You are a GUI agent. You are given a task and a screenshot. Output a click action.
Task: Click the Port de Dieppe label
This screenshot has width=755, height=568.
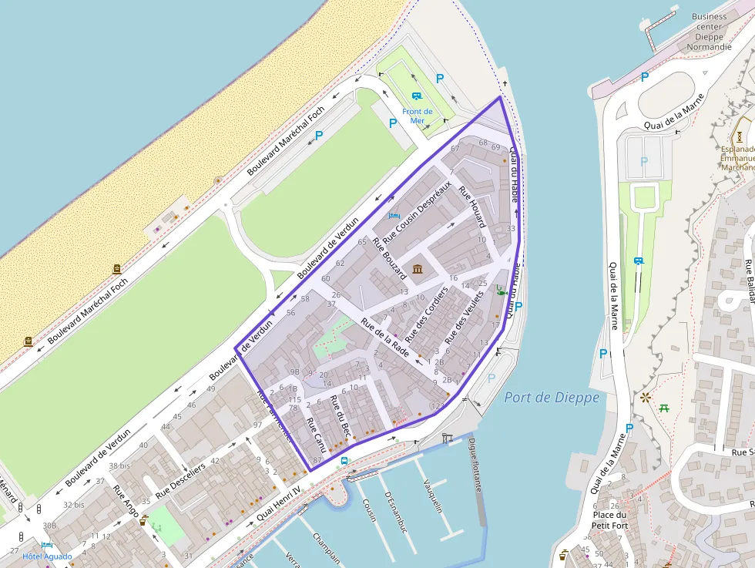pyautogui.click(x=551, y=398)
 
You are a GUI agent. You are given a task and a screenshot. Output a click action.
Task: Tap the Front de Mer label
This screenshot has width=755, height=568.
pyautogui.click(x=417, y=116)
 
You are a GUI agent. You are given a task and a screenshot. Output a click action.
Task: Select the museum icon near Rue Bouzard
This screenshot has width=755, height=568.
pyautogui.click(x=418, y=269)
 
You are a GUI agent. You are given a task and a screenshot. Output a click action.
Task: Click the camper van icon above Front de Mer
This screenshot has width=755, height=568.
pyautogui.click(x=417, y=96)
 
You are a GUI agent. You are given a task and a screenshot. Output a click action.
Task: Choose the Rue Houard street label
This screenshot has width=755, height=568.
pyautogui.click(x=472, y=206)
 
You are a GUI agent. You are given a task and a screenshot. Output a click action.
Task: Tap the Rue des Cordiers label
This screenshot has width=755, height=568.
pyautogui.click(x=426, y=314)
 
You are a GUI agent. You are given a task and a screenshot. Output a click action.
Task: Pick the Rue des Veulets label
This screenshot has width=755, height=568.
pyautogui.click(x=465, y=317)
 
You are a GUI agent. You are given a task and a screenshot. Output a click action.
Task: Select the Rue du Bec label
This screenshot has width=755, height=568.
pyautogui.click(x=341, y=417)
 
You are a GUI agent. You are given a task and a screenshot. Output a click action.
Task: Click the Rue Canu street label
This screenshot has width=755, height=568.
pyautogui.click(x=316, y=435)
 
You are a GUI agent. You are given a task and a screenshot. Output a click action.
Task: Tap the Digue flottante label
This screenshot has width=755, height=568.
pyautogui.click(x=475, y=465)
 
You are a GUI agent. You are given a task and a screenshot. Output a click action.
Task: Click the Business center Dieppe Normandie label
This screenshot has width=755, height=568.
pyautogui.click(x=709, y=32)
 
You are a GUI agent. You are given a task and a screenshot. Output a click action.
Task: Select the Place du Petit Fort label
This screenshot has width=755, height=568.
pyautogui.click(x=610, y=520)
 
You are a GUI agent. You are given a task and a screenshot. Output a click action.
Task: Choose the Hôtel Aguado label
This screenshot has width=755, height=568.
pyautogui.click(x=47, y=556)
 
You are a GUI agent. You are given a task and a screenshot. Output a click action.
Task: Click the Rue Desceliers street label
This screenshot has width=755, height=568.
pyautogui.click(x=181, y=479)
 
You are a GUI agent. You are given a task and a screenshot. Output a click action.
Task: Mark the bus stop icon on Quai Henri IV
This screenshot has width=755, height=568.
pyautogui.click(x=344, y=461)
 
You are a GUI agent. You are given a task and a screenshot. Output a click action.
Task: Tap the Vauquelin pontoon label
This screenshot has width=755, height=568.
pyautogui.click(x=432, y=496)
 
